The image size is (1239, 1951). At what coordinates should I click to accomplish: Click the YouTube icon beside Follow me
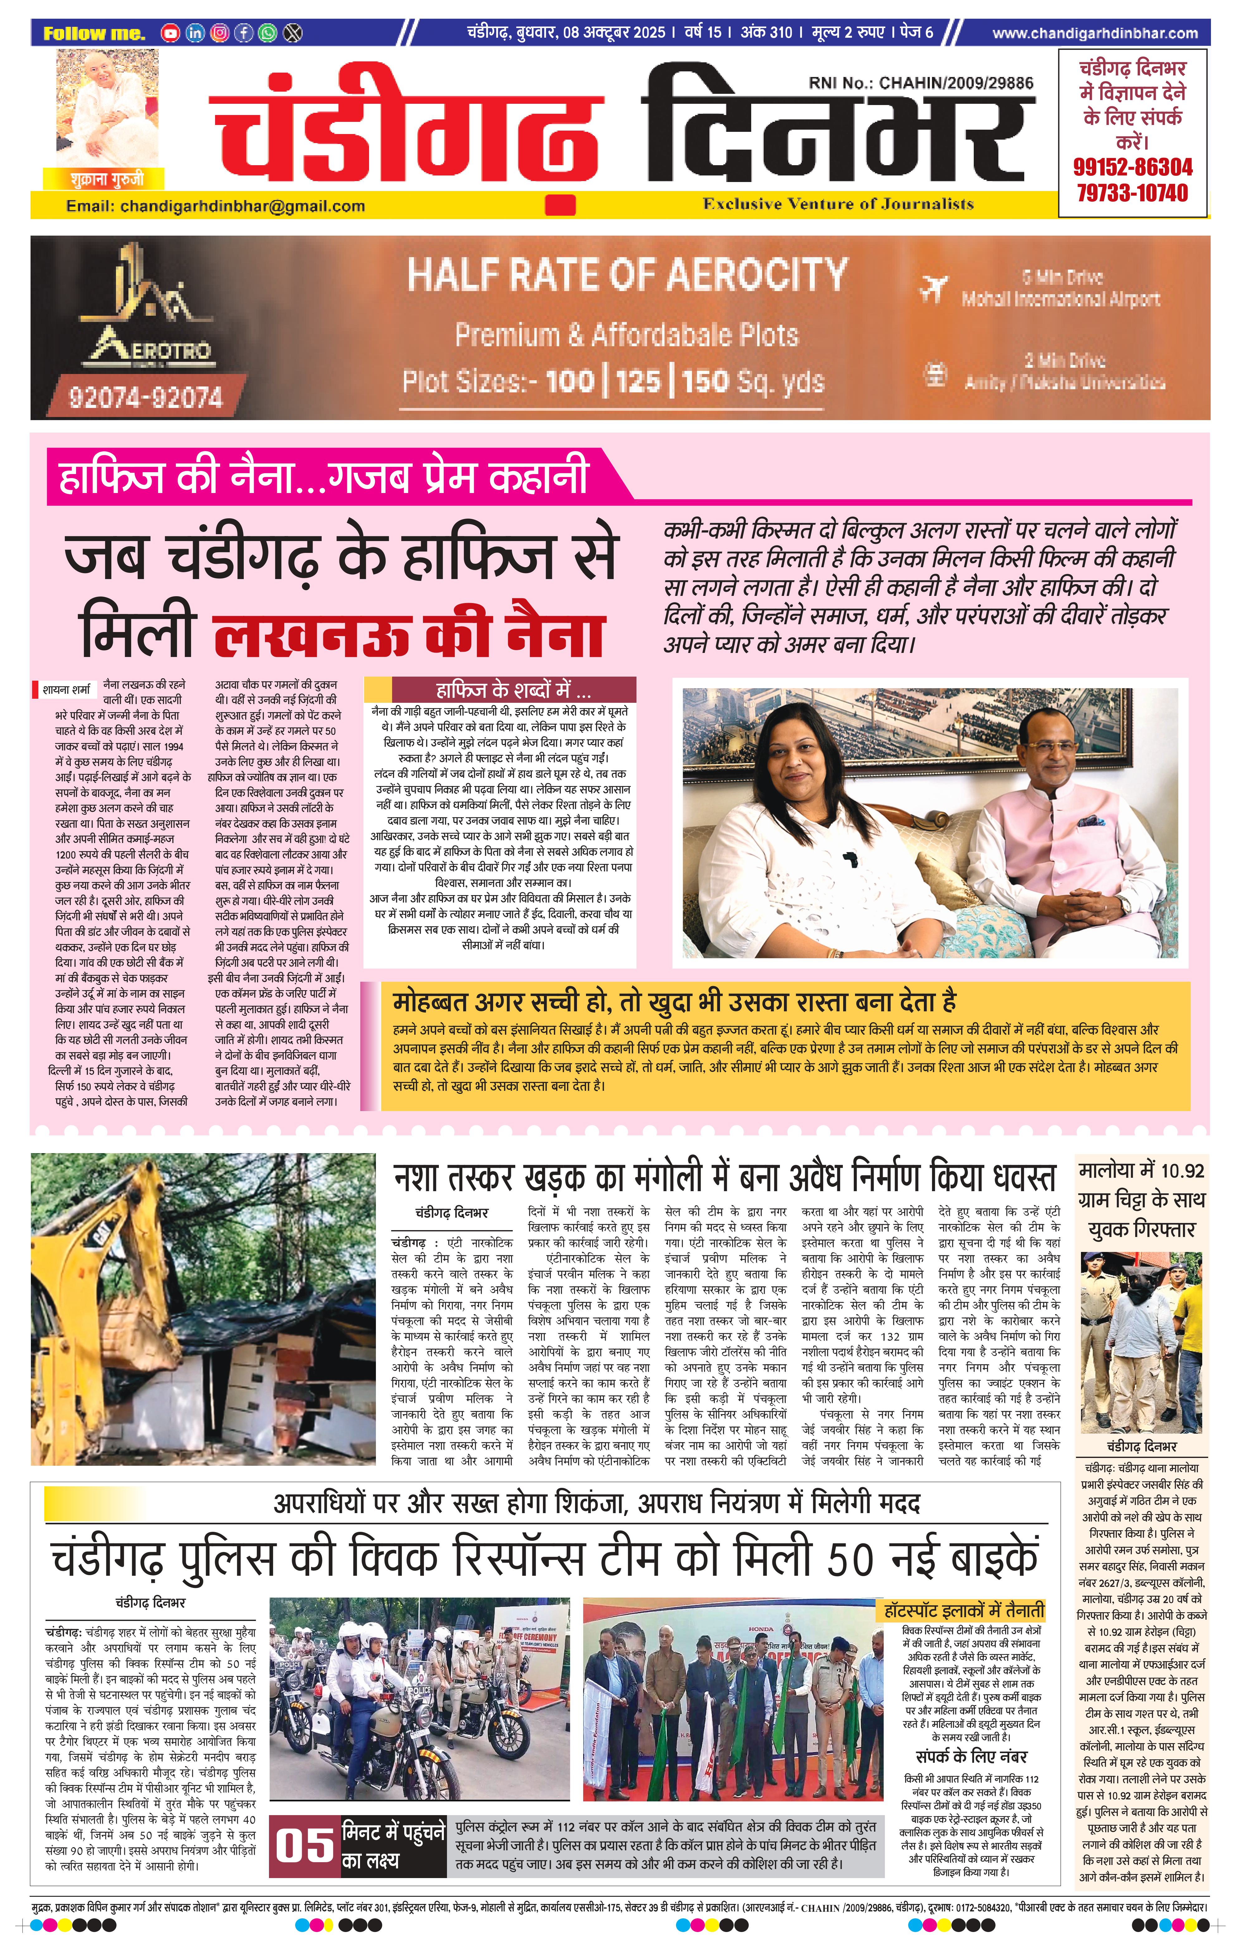pos(170,33)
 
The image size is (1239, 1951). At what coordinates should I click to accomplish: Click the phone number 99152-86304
pos(1132,168)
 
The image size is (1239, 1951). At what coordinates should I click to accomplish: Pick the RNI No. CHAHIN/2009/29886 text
pos(920,83)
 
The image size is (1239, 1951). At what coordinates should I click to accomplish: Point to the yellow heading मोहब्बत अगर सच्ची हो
pos(674,1002)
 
